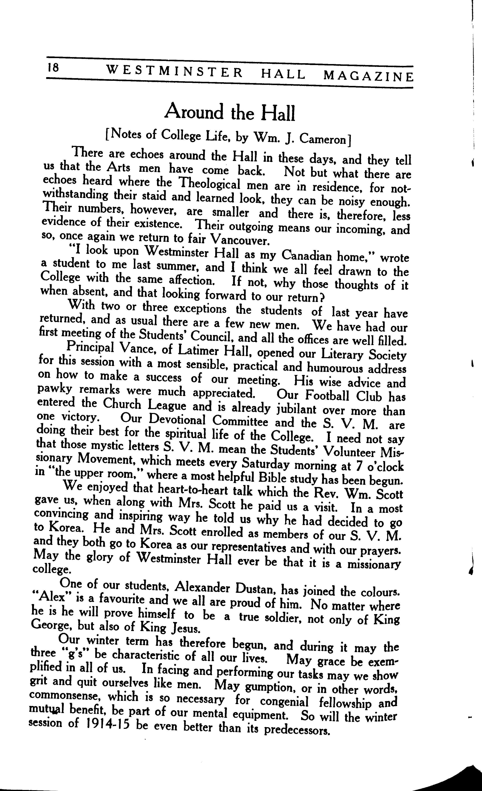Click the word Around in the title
point(194,112)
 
